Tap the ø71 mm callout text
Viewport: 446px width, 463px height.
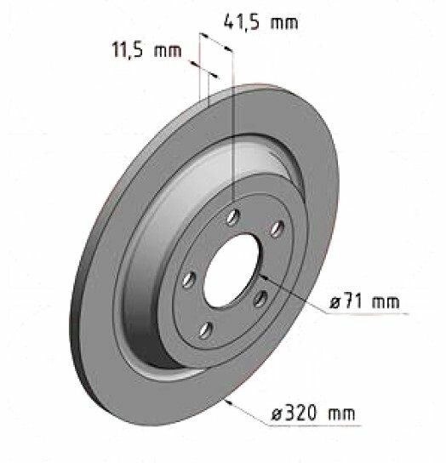(364, 301)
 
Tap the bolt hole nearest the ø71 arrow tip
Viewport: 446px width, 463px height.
(260, 295)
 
